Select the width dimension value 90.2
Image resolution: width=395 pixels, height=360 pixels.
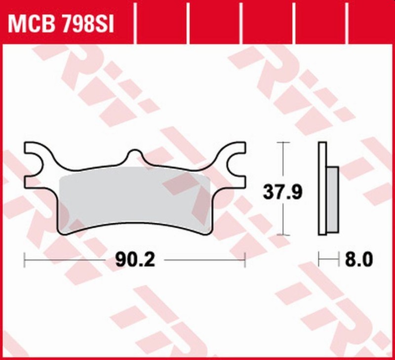(135, 259)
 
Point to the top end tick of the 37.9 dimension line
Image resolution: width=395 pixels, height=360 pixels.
(282, 143)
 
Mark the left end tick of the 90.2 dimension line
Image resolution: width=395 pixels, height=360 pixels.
(24, 259)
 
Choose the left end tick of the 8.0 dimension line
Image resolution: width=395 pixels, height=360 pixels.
(319, 259)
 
